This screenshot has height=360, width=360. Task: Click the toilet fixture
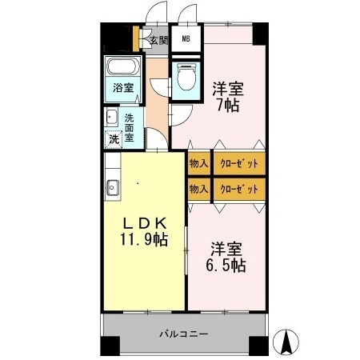tap(186, 77)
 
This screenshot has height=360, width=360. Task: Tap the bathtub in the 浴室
tap(123, 66)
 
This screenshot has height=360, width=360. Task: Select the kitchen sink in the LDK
tap(112, 188)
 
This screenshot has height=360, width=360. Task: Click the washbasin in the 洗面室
tap(112, 117)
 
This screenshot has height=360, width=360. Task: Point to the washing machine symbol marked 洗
tap(114, 139)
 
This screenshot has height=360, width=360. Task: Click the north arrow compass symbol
tap(286, 342)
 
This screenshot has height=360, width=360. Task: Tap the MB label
tap(186, 38)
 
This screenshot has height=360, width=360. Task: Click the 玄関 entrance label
tap(159, 40)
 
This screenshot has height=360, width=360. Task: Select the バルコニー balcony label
tap(184, 334)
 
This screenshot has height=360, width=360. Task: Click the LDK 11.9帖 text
tap(144, 231)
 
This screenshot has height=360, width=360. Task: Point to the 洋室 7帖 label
tap(228, 97)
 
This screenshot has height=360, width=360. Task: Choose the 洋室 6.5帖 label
tap(226, 257)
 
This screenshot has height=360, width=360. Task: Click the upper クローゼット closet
tap(239, 163)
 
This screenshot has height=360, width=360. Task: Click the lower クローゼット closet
tap(239, 189)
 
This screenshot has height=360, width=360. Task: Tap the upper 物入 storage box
tap(199, 163)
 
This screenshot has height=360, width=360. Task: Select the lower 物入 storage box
tap(199, 189)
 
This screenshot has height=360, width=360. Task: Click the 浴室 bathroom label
tap(123, 87)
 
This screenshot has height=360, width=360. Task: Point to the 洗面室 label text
tap(130, 128)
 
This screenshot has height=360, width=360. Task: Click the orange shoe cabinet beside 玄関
tap(136, 38)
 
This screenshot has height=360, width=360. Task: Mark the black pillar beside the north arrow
tap(258, 346)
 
